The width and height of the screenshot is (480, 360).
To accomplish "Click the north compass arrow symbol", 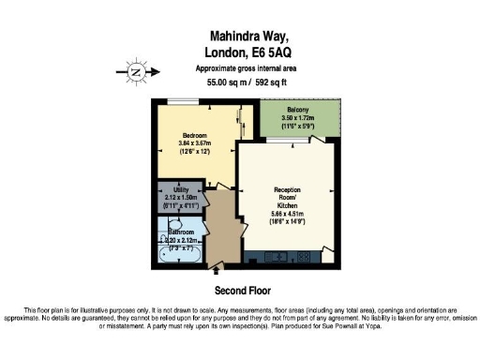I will coord(136,69).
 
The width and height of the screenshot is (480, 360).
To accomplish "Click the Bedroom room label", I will coord(194,134).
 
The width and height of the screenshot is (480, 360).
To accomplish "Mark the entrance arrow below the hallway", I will coord(215,269).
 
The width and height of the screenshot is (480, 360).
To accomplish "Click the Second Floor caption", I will coord(240,290).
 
